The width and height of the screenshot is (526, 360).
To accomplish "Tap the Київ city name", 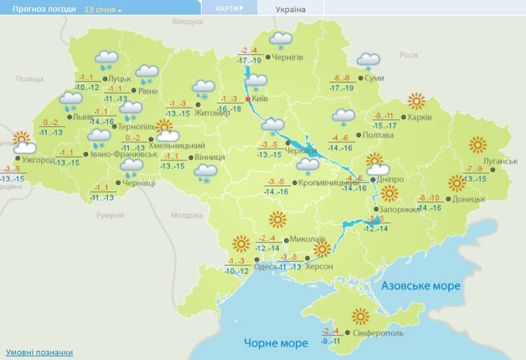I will click(x=260, y=99).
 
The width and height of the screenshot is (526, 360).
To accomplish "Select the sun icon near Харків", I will click(x=416, y=102).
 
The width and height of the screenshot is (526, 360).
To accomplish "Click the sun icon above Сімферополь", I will click(x=360, y=317).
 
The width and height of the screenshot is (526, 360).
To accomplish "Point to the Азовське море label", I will click(x=421, y=286).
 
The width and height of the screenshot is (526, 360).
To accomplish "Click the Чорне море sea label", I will click(x=275, y=343).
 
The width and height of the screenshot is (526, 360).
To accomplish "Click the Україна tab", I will click(x=290, y=9).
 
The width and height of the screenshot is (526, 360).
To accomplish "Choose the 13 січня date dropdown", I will click(x=103, y=10).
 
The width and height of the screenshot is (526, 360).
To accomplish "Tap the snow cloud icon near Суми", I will click(x=368, y=62).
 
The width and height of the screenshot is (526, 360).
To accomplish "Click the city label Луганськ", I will click(x=491, y=161).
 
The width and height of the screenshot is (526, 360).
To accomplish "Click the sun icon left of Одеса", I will click(x=240, y=245).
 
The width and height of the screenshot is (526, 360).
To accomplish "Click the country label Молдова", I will click(x=185, y=215).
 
